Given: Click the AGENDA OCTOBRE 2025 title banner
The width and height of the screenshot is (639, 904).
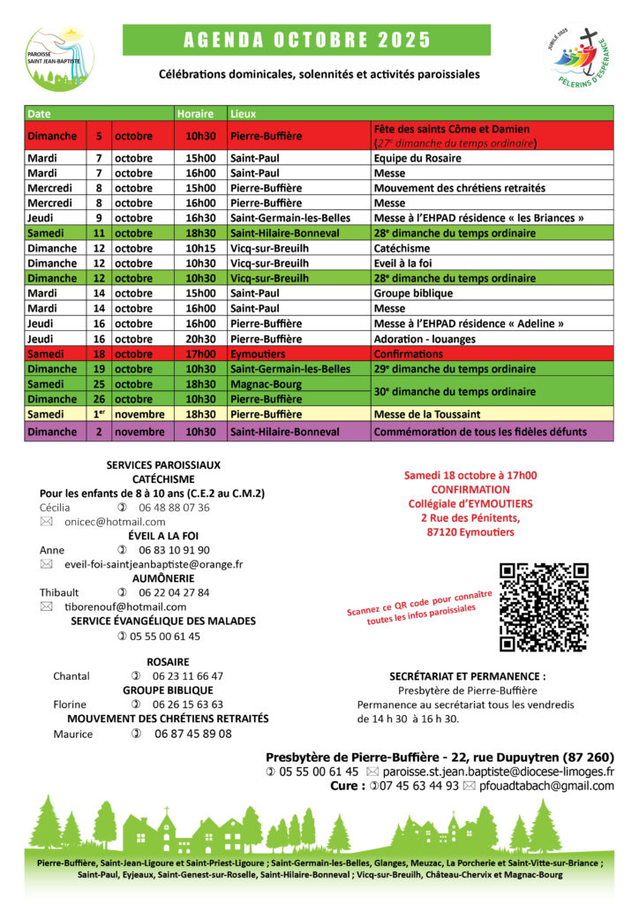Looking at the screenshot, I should point(306,40).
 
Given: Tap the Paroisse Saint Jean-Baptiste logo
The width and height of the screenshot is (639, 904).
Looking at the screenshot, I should point(59,56).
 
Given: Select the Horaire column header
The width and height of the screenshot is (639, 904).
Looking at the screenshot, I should point(195,114).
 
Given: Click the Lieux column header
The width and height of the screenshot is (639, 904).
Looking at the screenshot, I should point(244,114).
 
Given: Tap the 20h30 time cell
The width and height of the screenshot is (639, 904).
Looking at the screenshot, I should point(199,339).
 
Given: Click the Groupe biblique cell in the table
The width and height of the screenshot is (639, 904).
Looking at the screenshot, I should point(413,293).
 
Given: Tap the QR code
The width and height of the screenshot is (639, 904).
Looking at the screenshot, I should point(544,606).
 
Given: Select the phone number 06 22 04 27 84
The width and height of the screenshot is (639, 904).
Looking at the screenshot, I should point(174,592).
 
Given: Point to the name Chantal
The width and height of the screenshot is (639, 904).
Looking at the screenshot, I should point(71,676).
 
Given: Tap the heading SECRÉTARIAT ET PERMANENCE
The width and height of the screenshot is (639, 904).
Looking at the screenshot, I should point(467,676).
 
